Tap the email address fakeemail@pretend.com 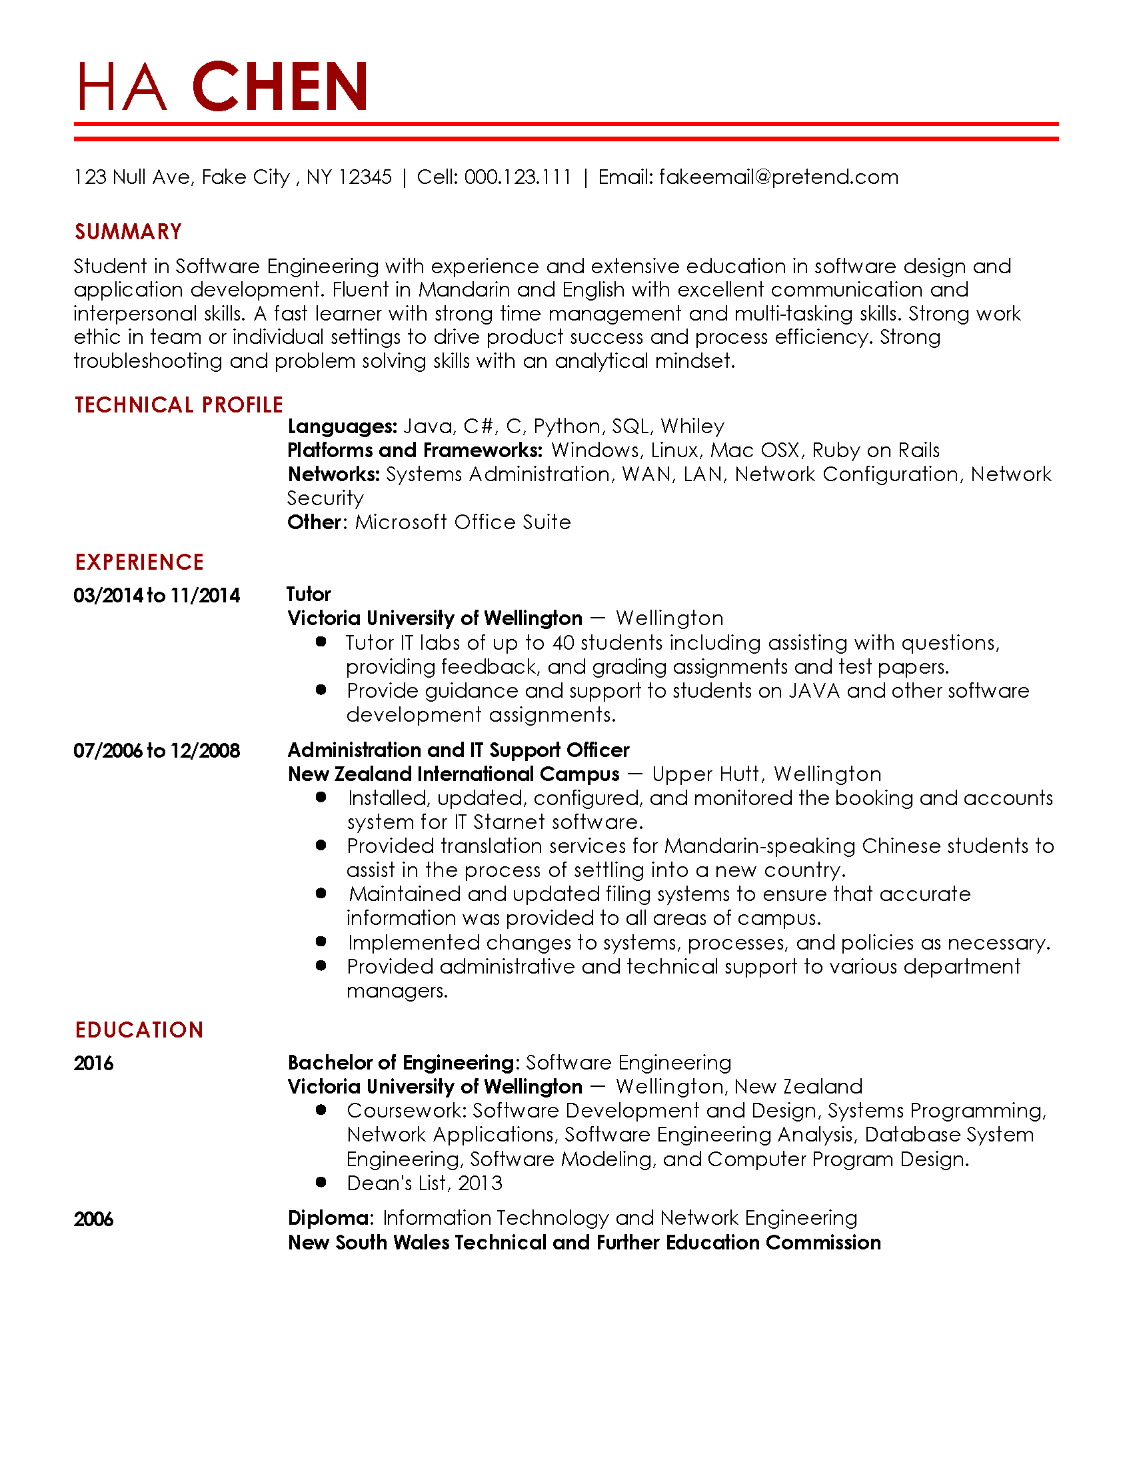pos(778,177)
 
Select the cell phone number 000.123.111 pos(517,177)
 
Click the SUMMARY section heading pos(128,232)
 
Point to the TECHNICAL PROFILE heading pos(179,404)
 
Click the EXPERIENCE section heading pos(139,562)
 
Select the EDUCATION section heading pos(139,1030)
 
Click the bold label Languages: pos(343,426)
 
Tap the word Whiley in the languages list pos(692,426)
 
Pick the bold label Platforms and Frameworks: pos(415,450)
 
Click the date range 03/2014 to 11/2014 pos(157,595)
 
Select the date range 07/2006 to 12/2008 pos(157,750)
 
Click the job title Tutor pos(309,594)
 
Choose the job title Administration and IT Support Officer pos(459,750)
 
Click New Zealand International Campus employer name pos(453,774)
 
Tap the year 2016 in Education pos(94,1064)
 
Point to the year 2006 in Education pos(94,1219)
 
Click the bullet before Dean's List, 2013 pos(321,1182)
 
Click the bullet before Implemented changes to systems pos(321,942)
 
